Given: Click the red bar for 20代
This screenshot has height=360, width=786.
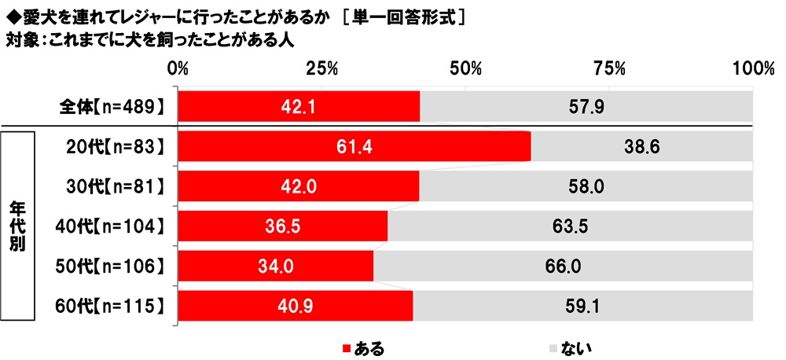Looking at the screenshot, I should pos(354,147).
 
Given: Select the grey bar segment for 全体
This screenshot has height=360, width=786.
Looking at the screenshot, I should pos(586,106).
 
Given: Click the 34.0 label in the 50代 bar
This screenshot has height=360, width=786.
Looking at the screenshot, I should pos(276,267).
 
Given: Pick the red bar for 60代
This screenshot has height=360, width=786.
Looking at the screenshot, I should pos(296,307).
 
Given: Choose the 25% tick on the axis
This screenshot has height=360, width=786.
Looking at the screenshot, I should pos(322,68).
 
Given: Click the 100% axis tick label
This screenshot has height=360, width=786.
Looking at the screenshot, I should pos(748,68).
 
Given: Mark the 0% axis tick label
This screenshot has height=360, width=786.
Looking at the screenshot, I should pos(179,68).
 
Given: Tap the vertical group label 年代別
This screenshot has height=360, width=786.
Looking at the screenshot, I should pos(20,227).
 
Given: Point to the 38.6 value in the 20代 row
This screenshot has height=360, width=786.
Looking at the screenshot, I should pos(642,147).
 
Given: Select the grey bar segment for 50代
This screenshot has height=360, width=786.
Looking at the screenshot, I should pos(563,267).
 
